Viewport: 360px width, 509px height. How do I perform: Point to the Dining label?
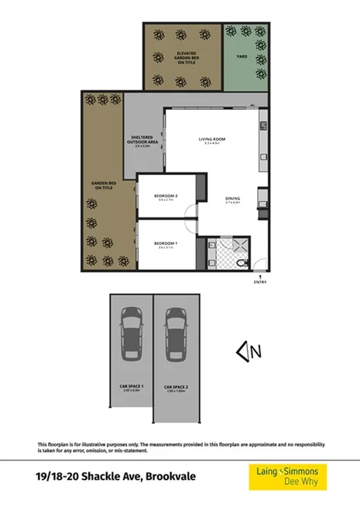[232, 200]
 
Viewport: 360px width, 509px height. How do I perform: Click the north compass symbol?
[250, 352]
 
